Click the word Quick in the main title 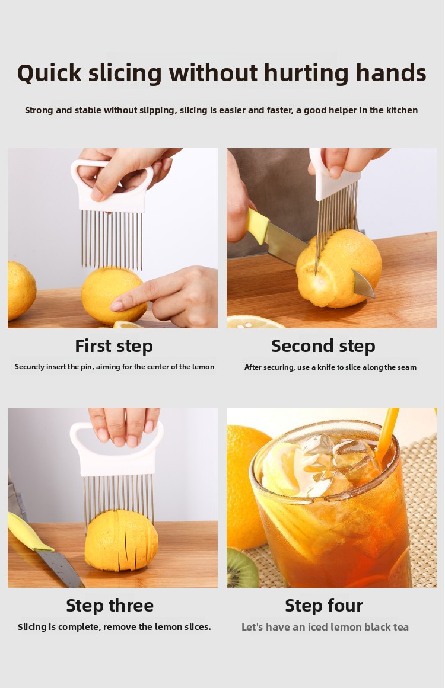49,73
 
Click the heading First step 114,346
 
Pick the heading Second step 323,346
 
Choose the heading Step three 110,606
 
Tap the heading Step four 324,606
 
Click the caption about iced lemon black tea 325,627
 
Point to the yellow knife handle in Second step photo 258,226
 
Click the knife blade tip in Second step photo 374,297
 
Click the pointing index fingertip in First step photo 116,306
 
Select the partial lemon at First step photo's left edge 21,290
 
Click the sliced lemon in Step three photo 121,540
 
